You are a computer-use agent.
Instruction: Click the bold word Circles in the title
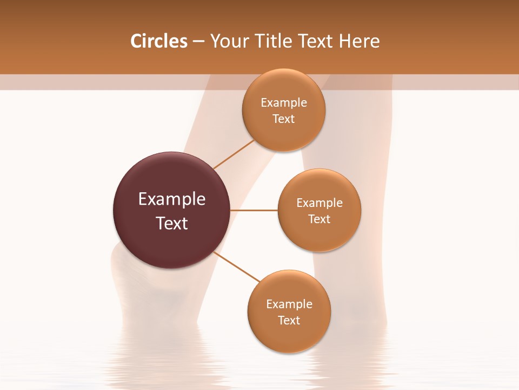[x=159, y=41]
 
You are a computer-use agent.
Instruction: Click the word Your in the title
[x=229, y=41]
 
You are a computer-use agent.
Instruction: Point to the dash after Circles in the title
[x=198, y=42]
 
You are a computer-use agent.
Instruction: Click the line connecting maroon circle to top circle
[x=234, y=154]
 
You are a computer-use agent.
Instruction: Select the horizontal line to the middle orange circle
[x=254, y=210]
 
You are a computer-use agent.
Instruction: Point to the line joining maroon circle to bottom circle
[x=236, y=266]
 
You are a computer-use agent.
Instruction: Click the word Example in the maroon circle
[x=172, y=199]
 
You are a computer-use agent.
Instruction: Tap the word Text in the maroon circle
[x=172, y=223]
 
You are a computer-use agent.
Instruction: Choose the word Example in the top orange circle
[x=284, y=103]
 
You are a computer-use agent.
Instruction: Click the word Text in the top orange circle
[x=284, y=119]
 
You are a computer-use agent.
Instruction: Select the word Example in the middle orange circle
[x=320, y=203]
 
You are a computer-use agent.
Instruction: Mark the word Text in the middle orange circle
[x=320, y=219]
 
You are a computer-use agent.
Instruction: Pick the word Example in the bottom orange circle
[x=289, y=304]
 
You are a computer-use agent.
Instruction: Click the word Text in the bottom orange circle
[x=289, y=321]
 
